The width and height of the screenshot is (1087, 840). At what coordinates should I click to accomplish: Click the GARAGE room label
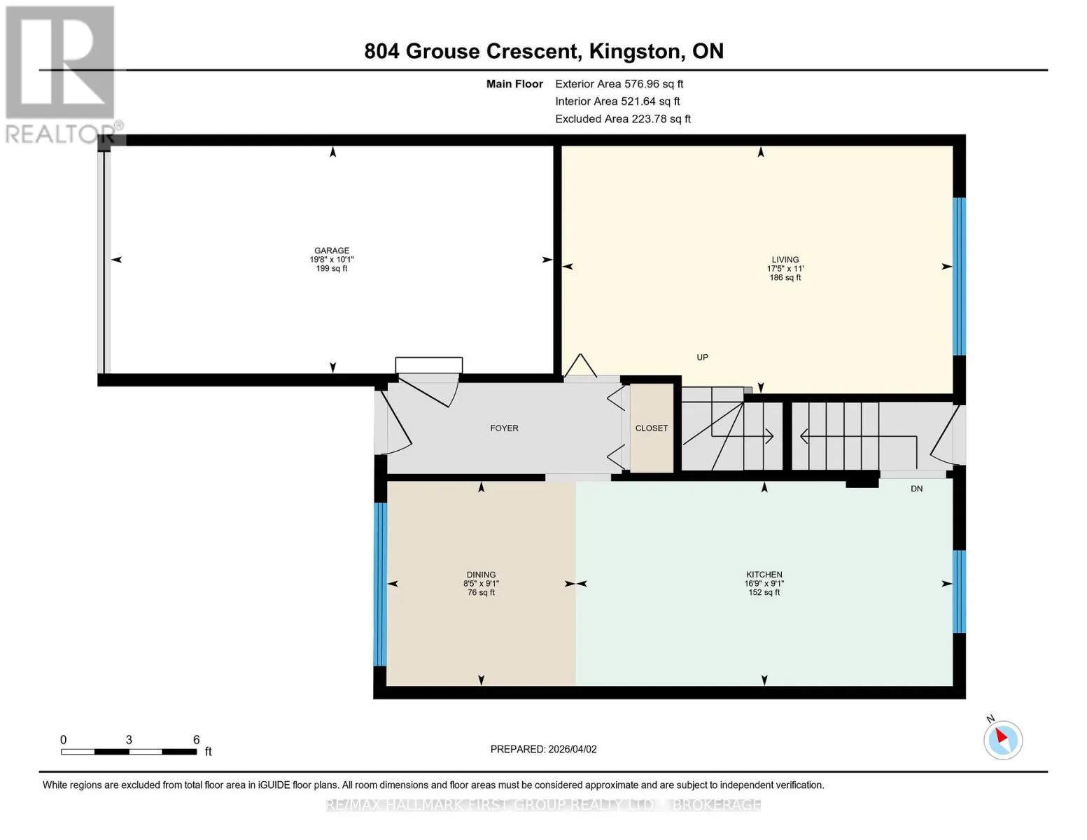tap(332, 250)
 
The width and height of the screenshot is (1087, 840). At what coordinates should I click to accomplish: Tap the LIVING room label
tap(785, 259)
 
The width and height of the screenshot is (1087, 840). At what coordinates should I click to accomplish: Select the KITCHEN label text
tap(764, 574)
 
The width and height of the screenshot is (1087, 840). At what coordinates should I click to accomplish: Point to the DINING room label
tap(481, 574)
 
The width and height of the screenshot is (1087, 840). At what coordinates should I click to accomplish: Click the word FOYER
tap(504, 428)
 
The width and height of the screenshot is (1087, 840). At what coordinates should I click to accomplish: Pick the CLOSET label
tap(652, 428)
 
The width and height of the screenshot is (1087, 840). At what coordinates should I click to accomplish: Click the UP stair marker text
tap(702, 357)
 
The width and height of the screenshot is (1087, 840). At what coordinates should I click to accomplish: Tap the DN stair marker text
tap(916, 489)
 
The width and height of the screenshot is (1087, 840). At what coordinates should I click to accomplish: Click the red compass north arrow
tap(1002, 736)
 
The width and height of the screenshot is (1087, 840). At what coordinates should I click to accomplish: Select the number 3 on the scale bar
tap(129, 739)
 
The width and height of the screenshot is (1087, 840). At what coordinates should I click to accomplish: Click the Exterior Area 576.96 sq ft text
tap(619, 83)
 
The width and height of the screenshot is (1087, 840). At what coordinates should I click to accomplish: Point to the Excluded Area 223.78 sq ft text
tap(623, 118)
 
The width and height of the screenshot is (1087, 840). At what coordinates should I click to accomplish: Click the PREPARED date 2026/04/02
tap(573, 749)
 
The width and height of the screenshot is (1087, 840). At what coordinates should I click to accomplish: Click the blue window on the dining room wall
tap(380, 584)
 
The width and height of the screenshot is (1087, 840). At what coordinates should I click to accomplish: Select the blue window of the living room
tap(959, 276)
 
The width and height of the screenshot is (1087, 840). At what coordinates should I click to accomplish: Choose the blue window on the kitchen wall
tap(959, 592)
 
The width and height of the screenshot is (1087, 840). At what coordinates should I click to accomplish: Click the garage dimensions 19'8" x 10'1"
tap(332, 259)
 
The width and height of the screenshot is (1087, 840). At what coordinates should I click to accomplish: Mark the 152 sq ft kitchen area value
tap(764, 592)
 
